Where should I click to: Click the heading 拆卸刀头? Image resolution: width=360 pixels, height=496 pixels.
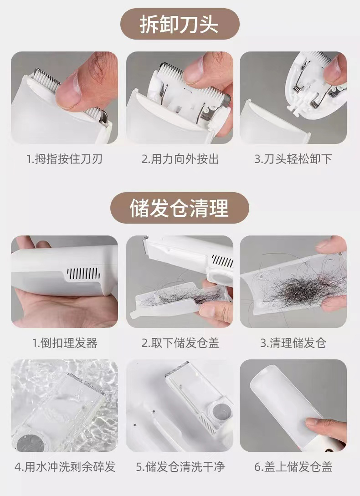click(179, 25)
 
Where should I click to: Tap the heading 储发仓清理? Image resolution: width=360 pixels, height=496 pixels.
click(179, 208)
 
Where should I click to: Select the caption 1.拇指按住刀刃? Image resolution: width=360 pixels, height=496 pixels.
click(65, 159)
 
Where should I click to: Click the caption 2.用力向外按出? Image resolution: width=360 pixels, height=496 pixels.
click(180, 159)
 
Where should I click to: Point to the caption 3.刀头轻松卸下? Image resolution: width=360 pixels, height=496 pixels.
click(293, 159)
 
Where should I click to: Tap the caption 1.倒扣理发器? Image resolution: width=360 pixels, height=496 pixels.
click(65, 343)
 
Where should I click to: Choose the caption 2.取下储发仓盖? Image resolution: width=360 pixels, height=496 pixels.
click(180, 343)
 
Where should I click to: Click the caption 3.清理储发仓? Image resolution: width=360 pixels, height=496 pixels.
click(293, 343)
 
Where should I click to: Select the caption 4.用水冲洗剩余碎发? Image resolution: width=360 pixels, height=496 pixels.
click(65, 466)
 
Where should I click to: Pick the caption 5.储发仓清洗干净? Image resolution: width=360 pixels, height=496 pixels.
click(180, 466)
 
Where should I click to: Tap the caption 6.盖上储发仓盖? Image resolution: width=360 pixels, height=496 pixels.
click(293, 466)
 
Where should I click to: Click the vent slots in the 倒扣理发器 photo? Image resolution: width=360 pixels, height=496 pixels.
click(83, 273)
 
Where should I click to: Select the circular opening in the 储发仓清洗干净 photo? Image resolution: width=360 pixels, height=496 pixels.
click(219, 412)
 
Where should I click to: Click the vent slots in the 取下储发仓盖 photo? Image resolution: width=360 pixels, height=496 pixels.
click(222, 261)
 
